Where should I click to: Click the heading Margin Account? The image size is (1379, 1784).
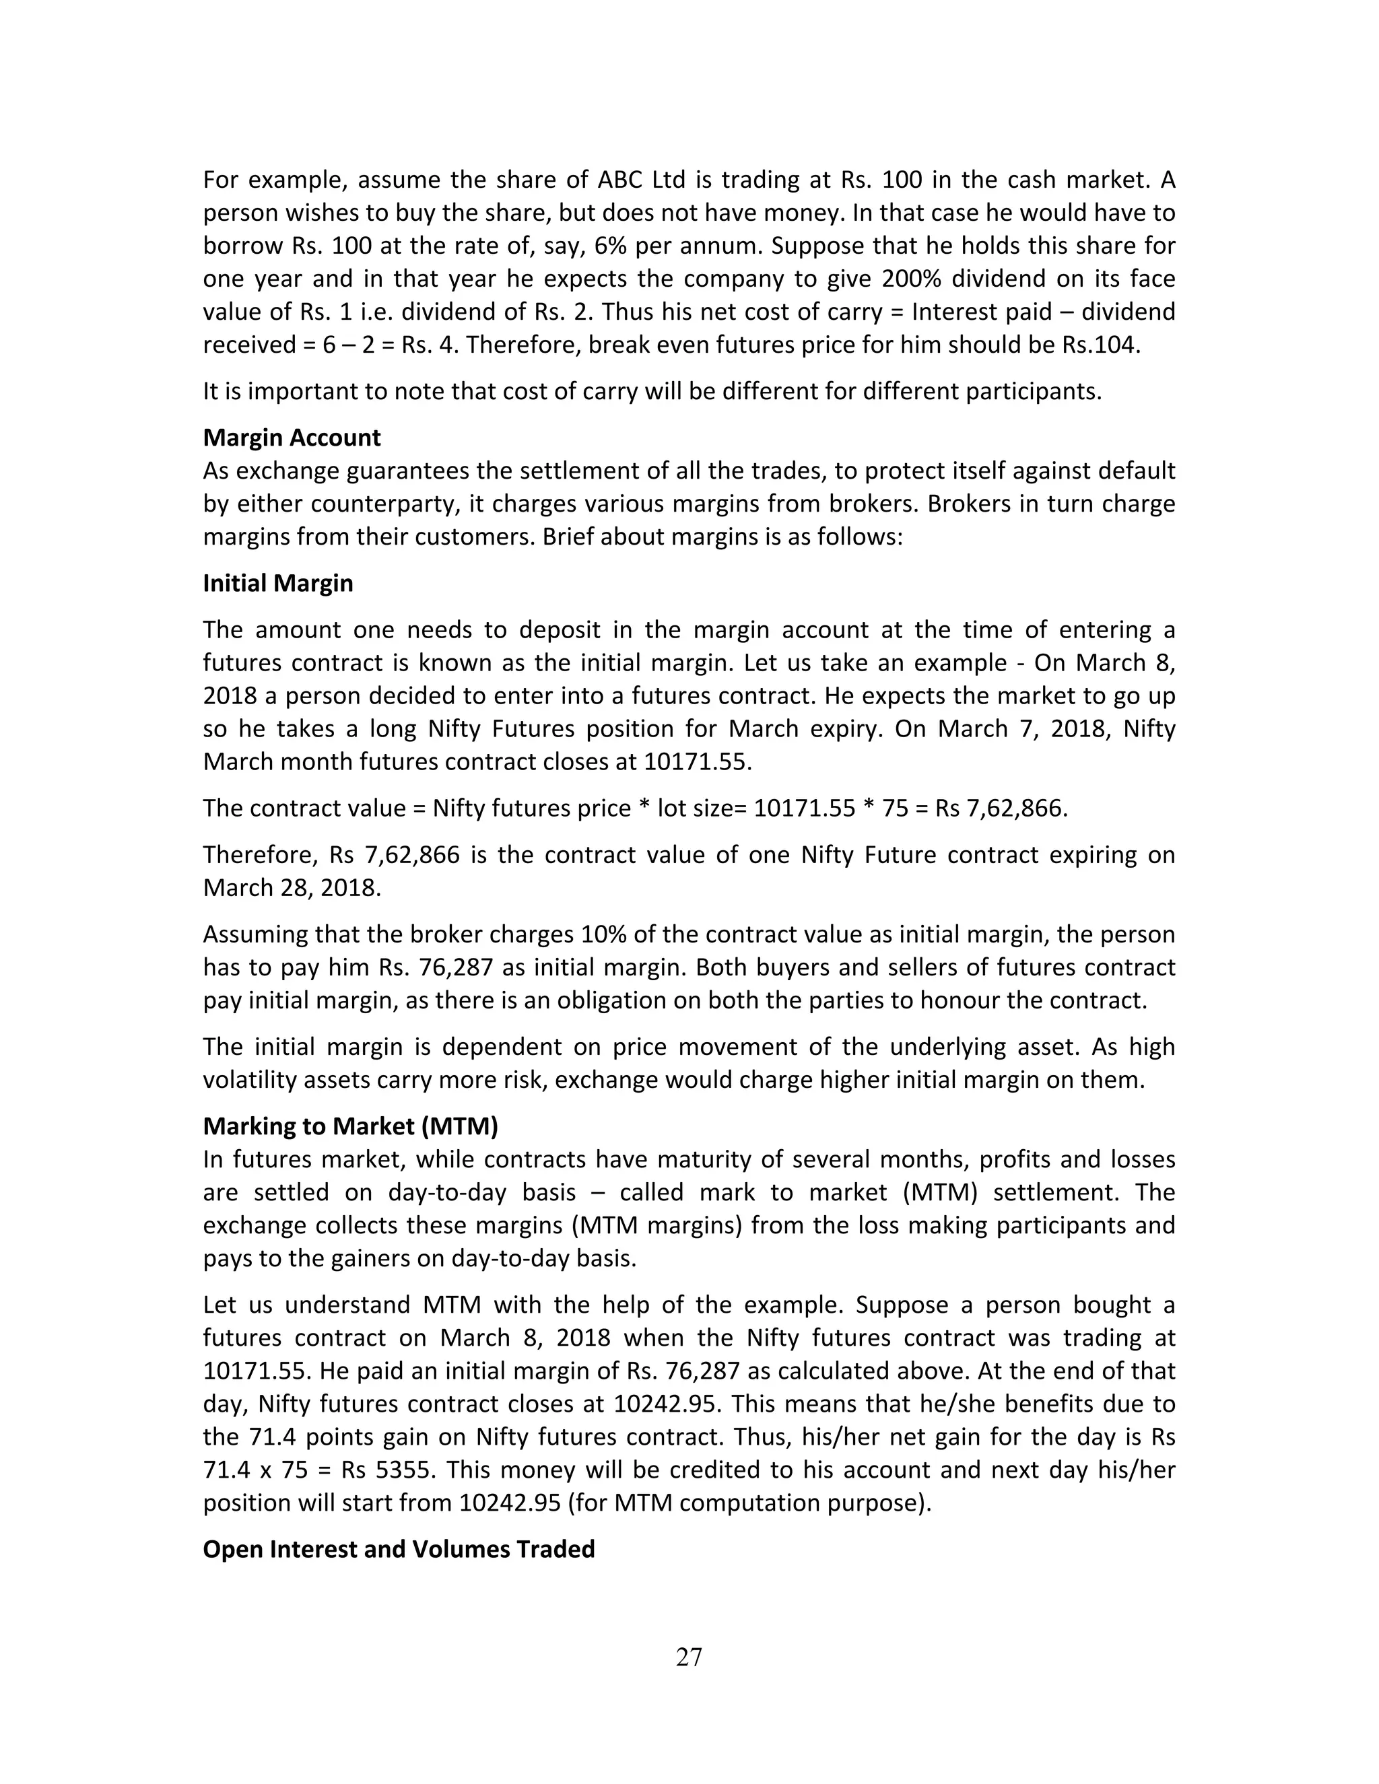pyautogui.click(x=292, y=438)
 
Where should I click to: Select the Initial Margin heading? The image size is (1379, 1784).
pyautogui.click(x=278, y=583)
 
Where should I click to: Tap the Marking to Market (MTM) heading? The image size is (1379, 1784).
pyautogui.click(x=350, y=1126)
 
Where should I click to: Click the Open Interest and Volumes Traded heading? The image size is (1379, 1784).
pyautogui.click(x=399, y=1549)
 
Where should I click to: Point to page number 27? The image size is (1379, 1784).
pyautogui.click(x=689, y=1657)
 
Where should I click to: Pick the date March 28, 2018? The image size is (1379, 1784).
pyautogui.click(x=292, y=887)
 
